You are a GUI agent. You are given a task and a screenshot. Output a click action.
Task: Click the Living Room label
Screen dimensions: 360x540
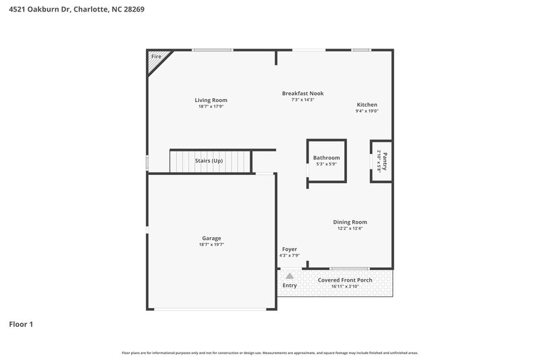pyautogui.click(x=211, y=100)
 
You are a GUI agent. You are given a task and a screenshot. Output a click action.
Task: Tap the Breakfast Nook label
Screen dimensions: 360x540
pyautogui.click(x=298, y=93)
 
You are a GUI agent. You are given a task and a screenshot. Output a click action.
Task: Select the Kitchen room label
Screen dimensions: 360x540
pyautogui.click(x=367, y=105)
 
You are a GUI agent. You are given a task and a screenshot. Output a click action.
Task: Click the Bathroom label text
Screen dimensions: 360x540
pyautogui.click(x=326, y=157)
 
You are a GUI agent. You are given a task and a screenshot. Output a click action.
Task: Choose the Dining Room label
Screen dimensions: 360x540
pyautogui.click(x=350, y=222)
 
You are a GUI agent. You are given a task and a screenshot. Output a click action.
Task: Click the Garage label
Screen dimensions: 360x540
pyautogui.click(x=211, y=238)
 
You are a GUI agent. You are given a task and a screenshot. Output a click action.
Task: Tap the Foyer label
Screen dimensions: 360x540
pyautogui.click(x=289, y=249)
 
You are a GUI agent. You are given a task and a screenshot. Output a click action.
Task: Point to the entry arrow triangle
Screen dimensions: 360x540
pyautogui.click(x=289, y=276)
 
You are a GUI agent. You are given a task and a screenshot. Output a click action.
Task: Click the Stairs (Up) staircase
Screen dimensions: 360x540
pyautogui.click(x=209, y=161)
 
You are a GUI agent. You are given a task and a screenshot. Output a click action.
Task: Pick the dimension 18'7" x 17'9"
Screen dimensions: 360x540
pyautogui.click(x=211, y=107)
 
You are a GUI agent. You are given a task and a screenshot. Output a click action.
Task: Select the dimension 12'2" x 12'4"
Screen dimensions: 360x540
pyautogui.click(x=350, y=228)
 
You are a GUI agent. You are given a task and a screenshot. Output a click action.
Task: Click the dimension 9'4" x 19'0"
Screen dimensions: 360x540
pyautogui.click(x=367, y=111)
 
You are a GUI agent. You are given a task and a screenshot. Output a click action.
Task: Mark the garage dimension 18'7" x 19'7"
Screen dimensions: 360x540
pyautogui.click(x=211, y=245)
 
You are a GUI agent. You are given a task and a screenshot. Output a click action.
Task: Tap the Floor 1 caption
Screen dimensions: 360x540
pyautogui.click(x=20, y=324)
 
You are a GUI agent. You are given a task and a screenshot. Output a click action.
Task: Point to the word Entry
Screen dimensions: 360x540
pyautogui.click(x=289, y=286)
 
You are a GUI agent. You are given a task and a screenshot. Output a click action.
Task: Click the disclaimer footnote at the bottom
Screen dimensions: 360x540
pyautogui.click(x=269, y=353)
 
